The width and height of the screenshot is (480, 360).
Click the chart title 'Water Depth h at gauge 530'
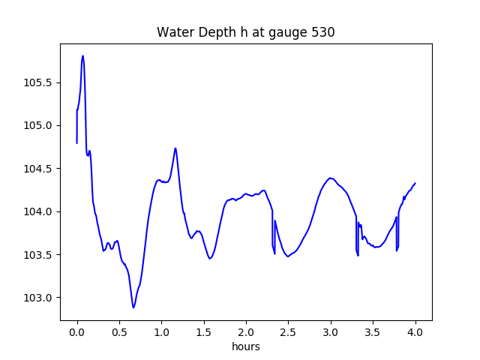pos(245,32)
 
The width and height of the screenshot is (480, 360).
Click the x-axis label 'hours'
pos(245,346)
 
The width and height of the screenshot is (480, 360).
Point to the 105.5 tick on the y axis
pos(40,82)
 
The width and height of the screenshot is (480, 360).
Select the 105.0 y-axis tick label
pos(40,125)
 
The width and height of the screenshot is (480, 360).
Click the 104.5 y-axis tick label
pos(40,168)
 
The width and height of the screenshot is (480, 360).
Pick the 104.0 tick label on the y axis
pos(40,211)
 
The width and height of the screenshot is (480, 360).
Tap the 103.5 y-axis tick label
pos(40,254)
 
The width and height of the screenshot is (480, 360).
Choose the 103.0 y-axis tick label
pos(40,298)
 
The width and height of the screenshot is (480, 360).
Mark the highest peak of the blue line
pos(82,55)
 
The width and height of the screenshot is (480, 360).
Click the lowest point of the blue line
pos(133,307)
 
